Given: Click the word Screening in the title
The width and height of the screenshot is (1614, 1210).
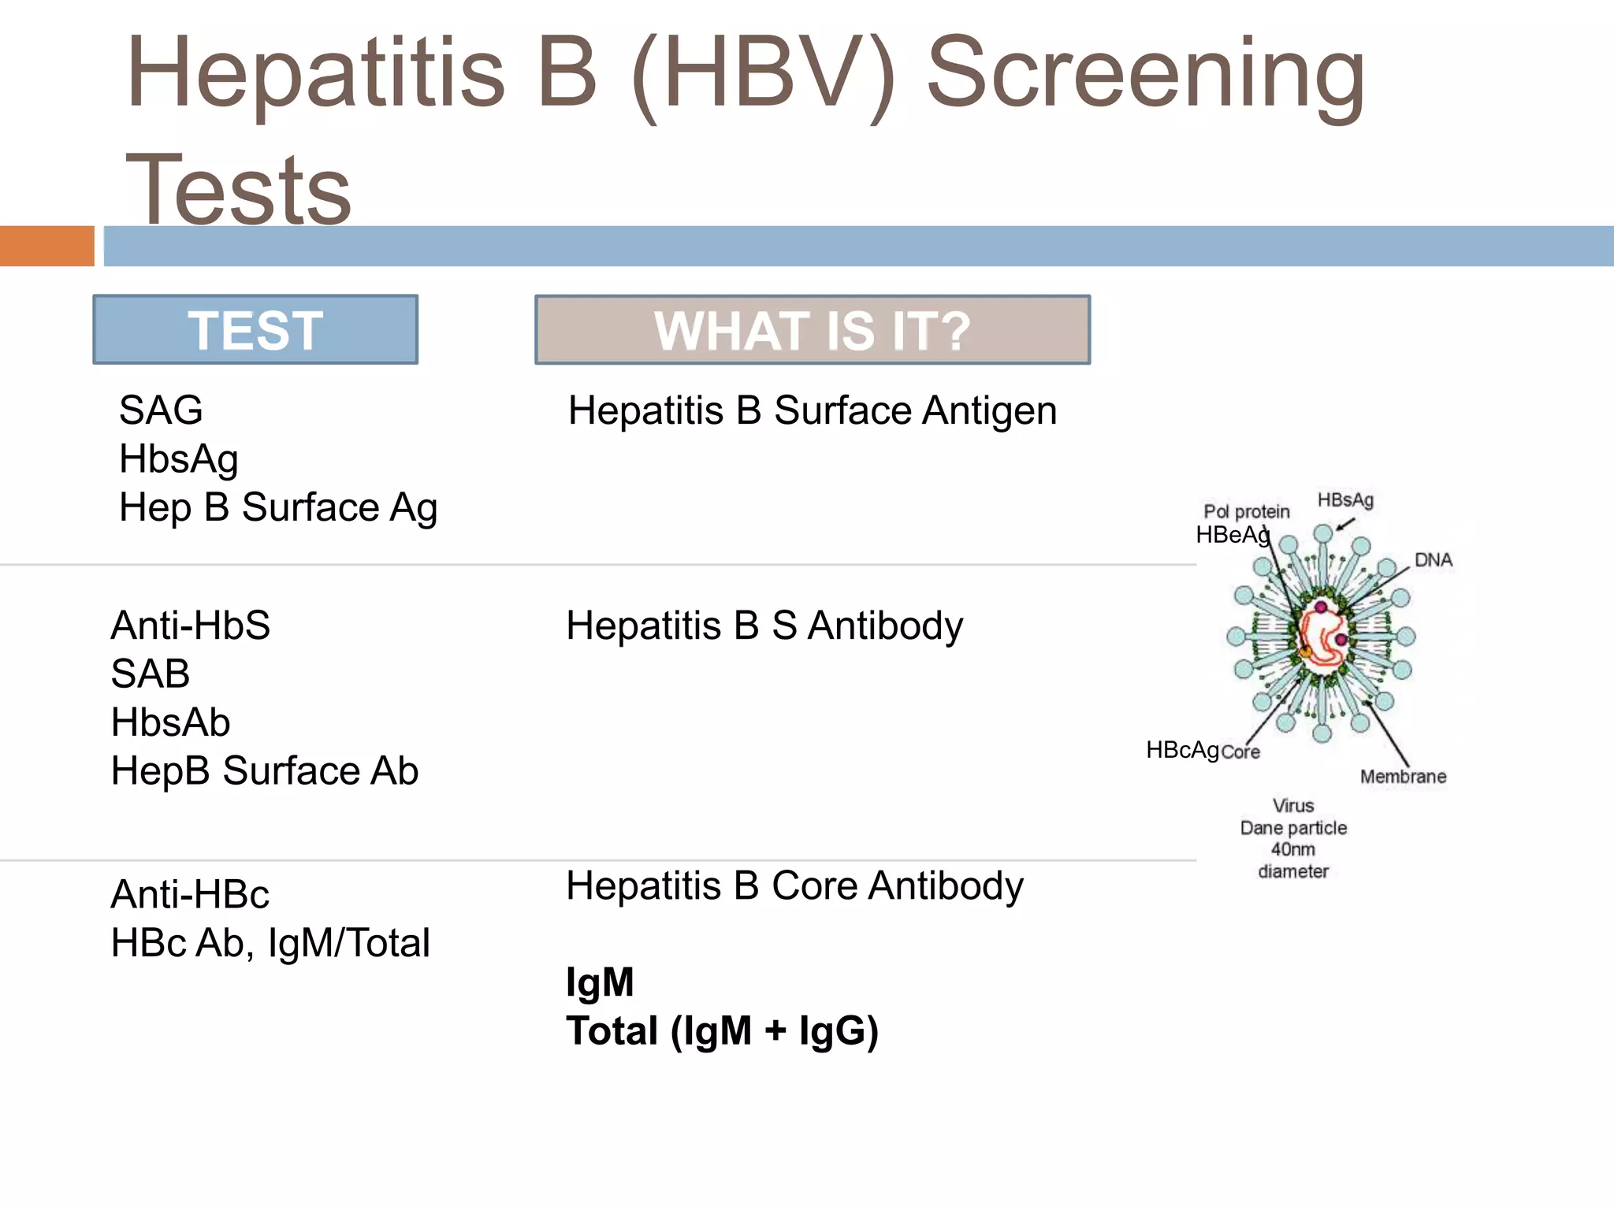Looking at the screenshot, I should click(x=1147, y=75).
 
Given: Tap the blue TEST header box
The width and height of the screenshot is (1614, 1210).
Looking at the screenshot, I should click(x=255, y=330).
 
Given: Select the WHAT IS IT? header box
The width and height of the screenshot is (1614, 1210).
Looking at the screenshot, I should click(x=813, y=330).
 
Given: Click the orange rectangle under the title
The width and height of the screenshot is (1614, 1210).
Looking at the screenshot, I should click(x=46, y=246).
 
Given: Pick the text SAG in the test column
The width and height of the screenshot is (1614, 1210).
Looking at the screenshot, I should click(x=161, y=410).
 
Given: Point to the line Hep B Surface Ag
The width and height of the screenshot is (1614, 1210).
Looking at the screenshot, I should click(x=277, y=508).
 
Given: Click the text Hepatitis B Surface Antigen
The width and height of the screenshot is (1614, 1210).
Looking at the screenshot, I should click(x=813, y=411).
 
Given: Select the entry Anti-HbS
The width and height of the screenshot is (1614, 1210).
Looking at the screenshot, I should click(x=190, y=625).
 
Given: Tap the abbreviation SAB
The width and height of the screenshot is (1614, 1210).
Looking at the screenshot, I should click(x=150, y=674).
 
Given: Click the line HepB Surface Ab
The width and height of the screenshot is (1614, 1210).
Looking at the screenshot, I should click(x=264, y=771).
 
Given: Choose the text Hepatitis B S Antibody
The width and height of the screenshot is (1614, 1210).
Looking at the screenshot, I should click(x=764, y=626).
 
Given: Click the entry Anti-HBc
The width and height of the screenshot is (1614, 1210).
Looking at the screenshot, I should click(x=190, y=895).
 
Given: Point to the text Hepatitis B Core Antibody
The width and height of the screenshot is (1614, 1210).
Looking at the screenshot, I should click(x=794, y=886).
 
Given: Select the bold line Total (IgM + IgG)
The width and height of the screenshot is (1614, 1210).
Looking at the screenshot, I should click(x=722, y=1031).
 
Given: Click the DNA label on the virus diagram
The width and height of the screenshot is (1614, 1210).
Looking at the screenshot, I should click(x=1433, y=560).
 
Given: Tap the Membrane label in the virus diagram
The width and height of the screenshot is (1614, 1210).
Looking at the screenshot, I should click(x=1403, y=777).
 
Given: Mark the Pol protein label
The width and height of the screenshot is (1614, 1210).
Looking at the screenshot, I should click(x=1246, y=512).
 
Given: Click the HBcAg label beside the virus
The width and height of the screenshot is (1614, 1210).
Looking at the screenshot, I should click(x=1182, y=750).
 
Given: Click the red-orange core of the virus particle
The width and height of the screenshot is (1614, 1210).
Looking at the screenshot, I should click(x=1324, y=635).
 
